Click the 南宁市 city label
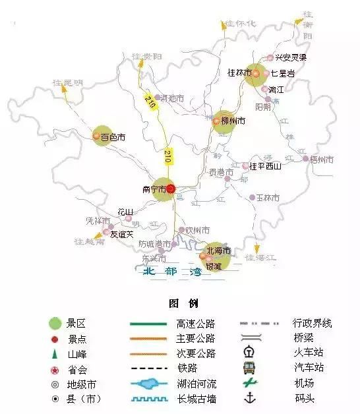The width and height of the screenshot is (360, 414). coord(153,189)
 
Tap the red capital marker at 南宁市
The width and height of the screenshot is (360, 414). coord(170,189)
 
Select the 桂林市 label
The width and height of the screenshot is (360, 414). coord(239,73)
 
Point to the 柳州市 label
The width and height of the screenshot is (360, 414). coord(233,121)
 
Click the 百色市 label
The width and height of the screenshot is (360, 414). coord(113,138)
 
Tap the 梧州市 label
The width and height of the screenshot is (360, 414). coord(322,159)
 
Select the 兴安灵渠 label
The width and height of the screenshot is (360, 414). coord(291,57)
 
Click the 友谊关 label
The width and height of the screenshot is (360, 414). coord(122,233)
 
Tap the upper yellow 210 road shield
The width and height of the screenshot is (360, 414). coord(150,103)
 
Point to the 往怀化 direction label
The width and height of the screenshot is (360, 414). coord(240,24)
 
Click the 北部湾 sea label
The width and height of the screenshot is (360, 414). coord(172,272)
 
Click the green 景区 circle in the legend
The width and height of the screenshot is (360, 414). coord(56,324)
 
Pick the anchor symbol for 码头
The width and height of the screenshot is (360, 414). coord(250,398)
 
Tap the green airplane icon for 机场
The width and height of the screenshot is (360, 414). coord(249,382)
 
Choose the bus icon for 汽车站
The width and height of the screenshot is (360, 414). coord(249,367)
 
